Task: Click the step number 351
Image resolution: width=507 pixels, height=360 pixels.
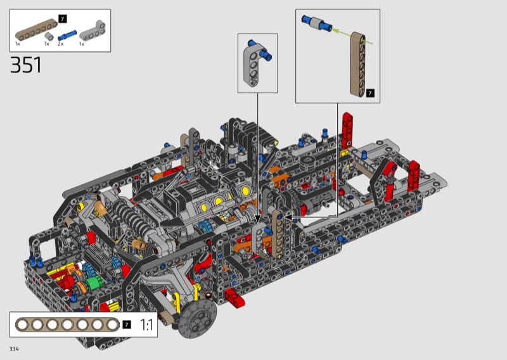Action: click(26, 65)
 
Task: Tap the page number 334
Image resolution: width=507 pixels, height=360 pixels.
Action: click(14, 349)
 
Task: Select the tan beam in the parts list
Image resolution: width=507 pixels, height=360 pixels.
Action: click(36, 30)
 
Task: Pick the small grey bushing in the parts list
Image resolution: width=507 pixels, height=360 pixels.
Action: click(49, 36)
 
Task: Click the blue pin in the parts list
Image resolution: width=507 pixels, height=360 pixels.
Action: click(67, 35)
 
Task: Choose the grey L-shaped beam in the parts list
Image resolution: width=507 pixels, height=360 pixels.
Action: click(93, 30)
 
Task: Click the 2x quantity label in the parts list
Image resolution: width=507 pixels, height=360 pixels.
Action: click(60, 44)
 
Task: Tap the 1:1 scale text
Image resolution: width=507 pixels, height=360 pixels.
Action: click(147, 325)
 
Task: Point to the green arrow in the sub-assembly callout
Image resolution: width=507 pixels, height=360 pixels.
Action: click(352, 37)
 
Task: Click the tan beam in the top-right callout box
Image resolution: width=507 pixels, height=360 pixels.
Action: click(358, 64)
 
